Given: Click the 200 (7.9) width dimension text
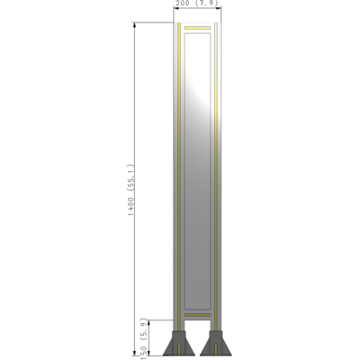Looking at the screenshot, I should (x=197, y=4).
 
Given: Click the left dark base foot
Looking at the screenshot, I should (x=180, y=345).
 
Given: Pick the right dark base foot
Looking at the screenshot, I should (x=216, y=345).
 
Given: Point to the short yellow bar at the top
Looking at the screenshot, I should (x=197, y=31).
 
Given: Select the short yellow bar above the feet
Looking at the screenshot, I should (x=197, y=314).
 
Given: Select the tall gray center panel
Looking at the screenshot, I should (x=198, y=180).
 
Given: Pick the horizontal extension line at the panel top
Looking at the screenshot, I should (x=153, y=22).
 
